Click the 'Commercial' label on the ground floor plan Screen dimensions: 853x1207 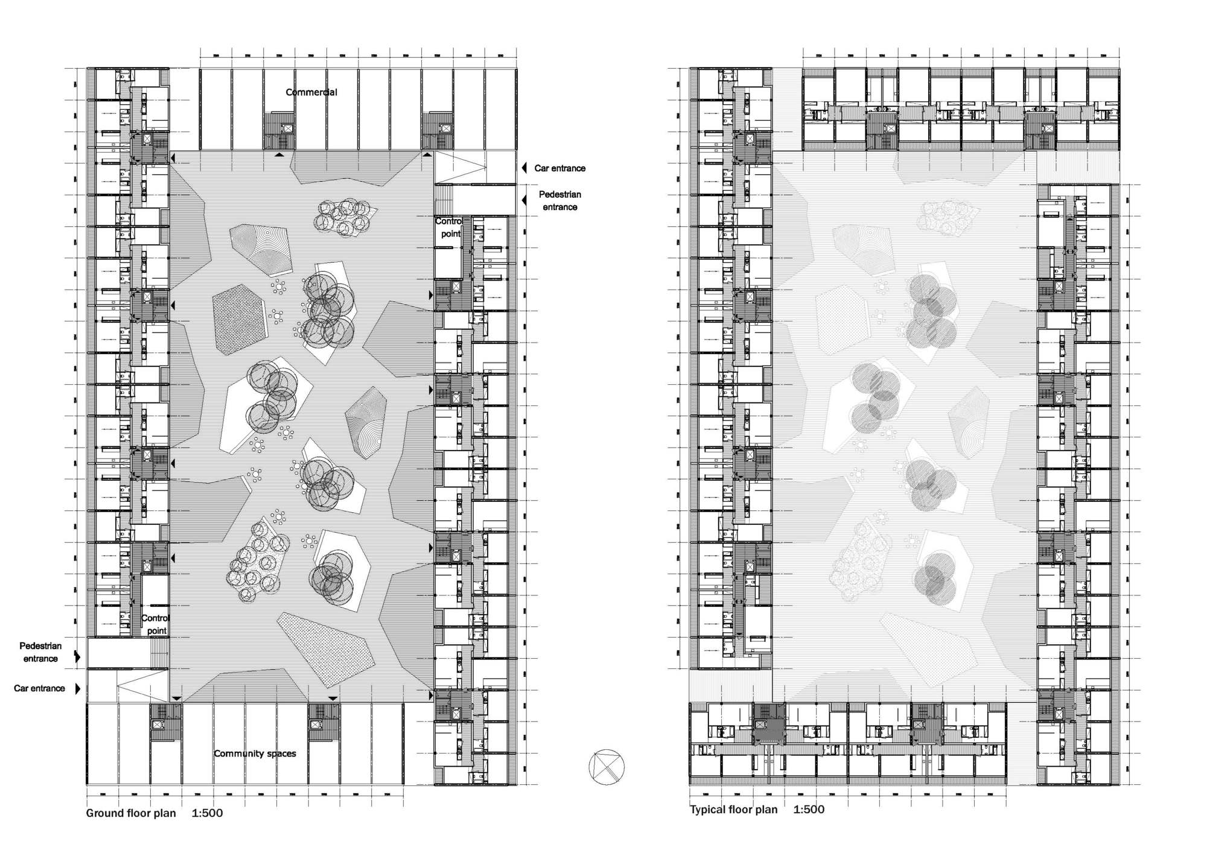(x=311, y=92)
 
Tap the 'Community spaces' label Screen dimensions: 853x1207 (x=255, y=753)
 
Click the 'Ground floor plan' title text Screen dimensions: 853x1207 (x=131, y=813)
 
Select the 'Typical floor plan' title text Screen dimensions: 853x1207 (x=734, y=810)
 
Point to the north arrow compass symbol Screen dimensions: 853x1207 (x=607, y=767)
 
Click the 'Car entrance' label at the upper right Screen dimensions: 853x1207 (x=559, y=168)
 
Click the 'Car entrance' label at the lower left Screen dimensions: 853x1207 (x=39, y=688)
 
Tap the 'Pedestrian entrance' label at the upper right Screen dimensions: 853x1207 (x=559, y=200)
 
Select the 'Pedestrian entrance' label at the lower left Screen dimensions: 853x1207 (x=40, y=652)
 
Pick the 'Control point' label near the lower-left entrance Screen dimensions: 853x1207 (x=155, y=624)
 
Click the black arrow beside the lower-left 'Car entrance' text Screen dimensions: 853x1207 (x=77, y=688)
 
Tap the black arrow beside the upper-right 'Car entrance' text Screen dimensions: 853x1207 (x=524, y=168)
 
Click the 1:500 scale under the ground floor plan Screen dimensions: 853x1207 (x=207, y=813)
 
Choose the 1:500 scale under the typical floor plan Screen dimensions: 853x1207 (x=809, y=810)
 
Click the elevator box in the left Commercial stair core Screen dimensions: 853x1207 (x=287, y=128)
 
